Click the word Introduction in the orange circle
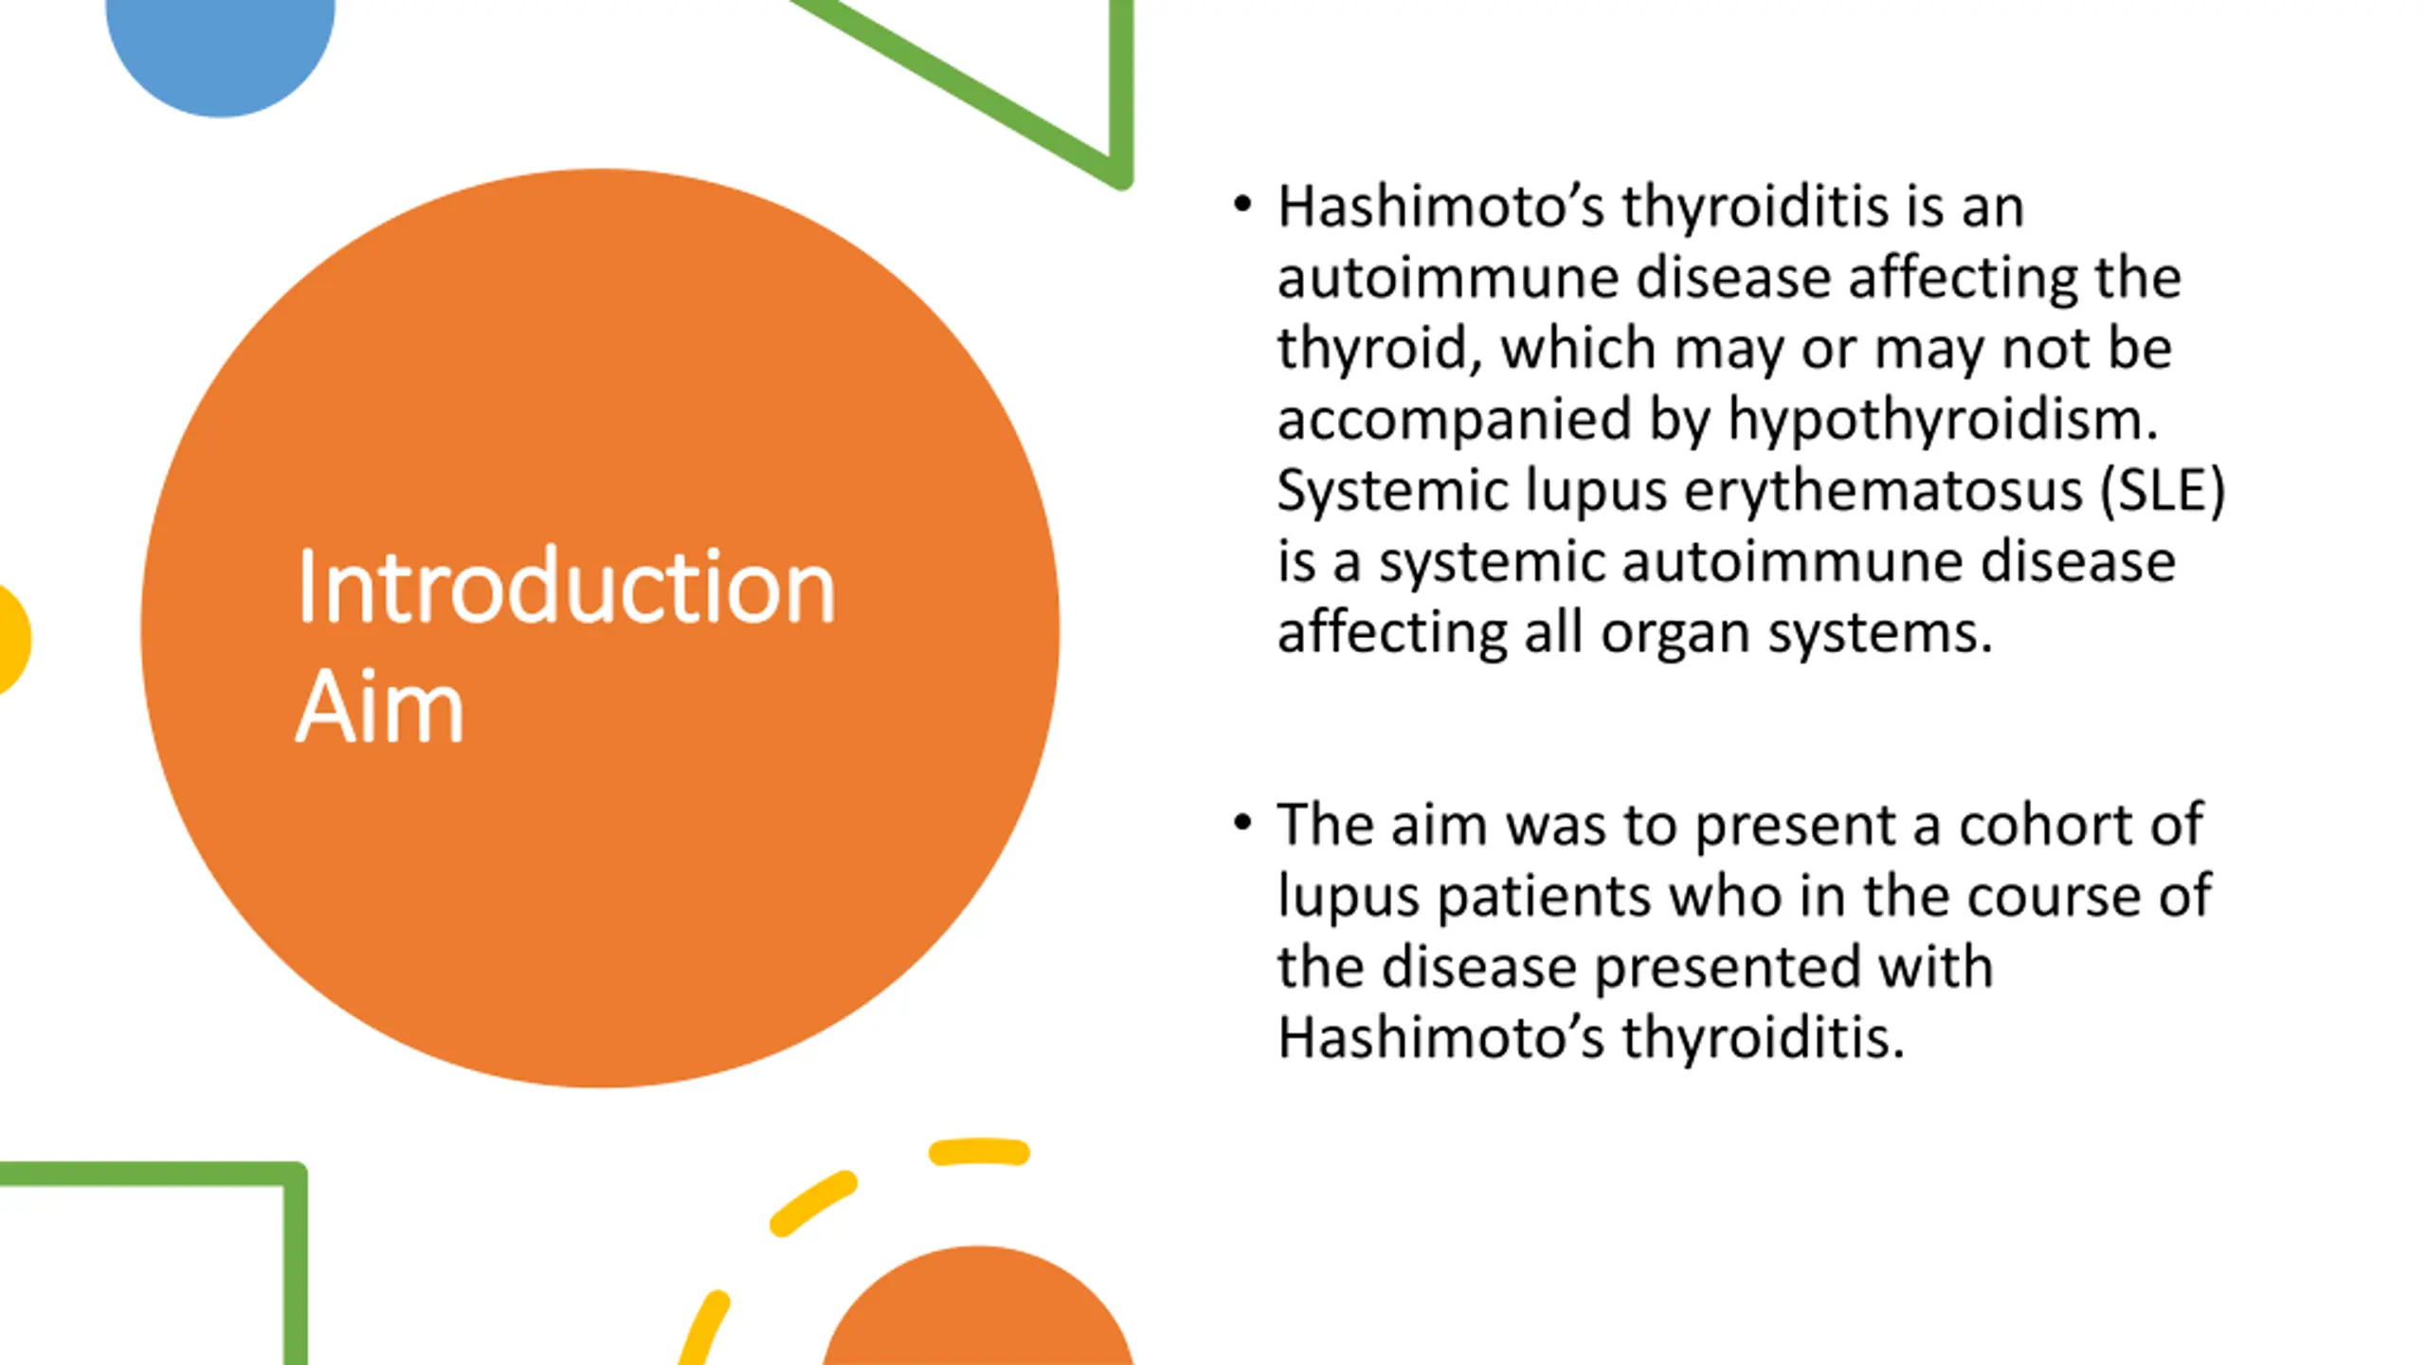(566, 587)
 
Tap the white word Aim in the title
(379, 706)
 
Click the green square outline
(295, 1261)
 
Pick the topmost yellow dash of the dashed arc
(979, 1152)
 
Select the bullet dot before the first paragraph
(1243, 204)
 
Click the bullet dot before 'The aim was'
(1243, 822)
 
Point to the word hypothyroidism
(1943, 420)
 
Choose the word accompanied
(1455, 420)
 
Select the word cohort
(2048, 824)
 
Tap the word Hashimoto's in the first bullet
(1441, 206)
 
